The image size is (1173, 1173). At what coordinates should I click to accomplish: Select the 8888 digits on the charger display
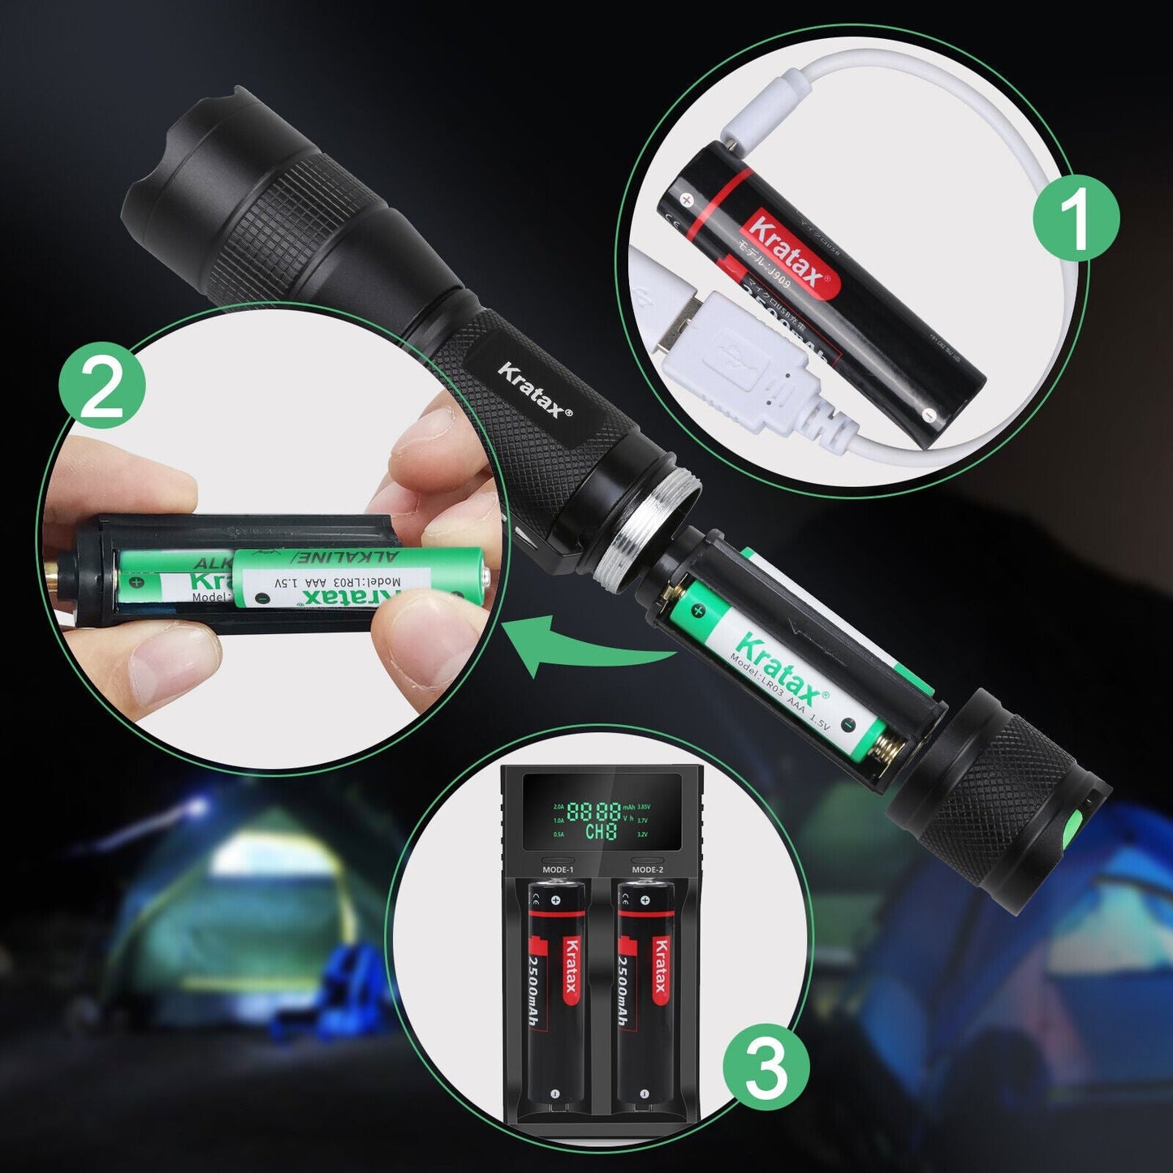[593, 812]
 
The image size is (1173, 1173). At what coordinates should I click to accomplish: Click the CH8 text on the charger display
[601, 831]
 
